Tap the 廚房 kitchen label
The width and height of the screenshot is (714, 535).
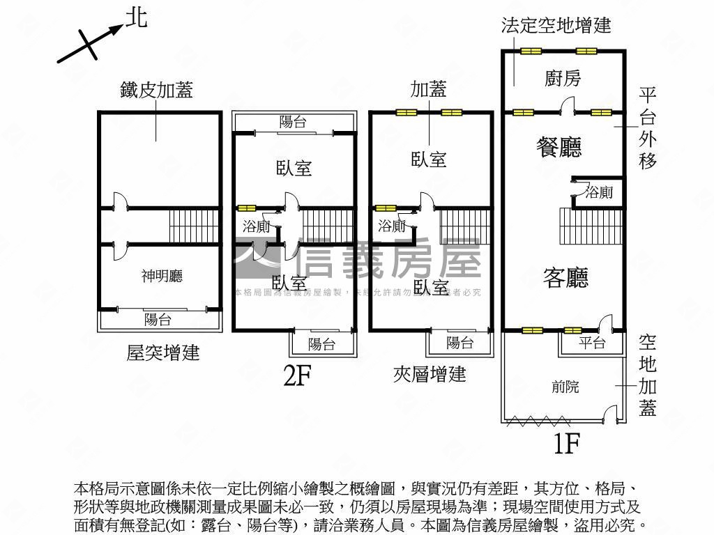[x=562, y=79]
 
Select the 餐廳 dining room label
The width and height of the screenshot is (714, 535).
[x=559, y=147]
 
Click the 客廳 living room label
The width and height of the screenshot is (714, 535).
[x=565, y=277]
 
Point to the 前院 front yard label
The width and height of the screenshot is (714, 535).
[x=565, y=387]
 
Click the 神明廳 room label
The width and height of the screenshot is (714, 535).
[x=162, y=277]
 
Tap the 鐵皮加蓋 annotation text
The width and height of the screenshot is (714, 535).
[x=156, y=90]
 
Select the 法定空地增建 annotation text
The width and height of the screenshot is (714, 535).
[x=556, y=26]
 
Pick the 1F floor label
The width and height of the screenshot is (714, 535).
[x=567, y=443]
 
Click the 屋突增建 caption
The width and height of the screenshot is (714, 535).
[x=163, y=352]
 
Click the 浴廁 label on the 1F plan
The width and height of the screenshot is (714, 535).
[x=598, y=192]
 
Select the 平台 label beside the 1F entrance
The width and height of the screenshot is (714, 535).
[x=592, y=343]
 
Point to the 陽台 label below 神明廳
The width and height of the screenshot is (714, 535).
[x=158, y=320]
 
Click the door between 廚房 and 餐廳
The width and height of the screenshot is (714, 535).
[x=568, y=107]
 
